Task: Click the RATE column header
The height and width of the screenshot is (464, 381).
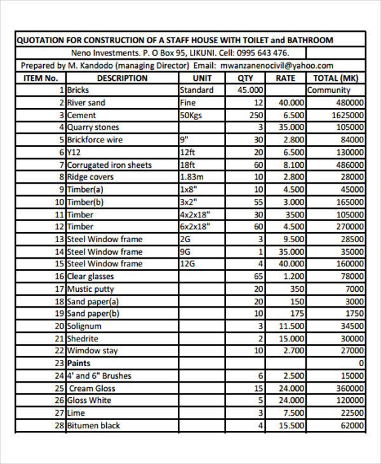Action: pyautogui.click(x=285, y=78)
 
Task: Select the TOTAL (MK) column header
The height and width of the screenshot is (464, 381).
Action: pyautogui.click(x=336, y=78)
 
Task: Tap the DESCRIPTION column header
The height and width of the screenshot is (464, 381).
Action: pyautogui.click(x=123, y=78)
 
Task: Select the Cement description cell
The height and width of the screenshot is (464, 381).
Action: pyautogui.click(x=81, y=115)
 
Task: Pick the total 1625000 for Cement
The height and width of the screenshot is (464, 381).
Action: pyautogui.click(x=347, y=115)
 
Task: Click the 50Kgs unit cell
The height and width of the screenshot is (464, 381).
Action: pyautogui.click(x=191, y=115)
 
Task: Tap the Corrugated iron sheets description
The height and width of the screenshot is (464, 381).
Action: pyautogui.click(x=109, y=165)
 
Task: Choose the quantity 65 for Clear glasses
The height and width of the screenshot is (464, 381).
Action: pyautogui.click(x=258, y=276)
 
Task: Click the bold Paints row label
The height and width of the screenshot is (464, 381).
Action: pyautogui.click(x=79, y=363)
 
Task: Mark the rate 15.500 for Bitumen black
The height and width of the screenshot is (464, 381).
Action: pyautogui.click(x=291, y=425)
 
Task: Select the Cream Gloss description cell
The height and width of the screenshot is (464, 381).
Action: pyautogui.click(x=92, y=388)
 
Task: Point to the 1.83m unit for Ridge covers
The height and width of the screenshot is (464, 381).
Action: pyautogui.click(x=192, y=177)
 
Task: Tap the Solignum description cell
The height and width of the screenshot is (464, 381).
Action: pyautogui.click(x=84, y=326)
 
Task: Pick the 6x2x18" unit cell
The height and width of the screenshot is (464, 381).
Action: pyautogui.click(x=194, y=227)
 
